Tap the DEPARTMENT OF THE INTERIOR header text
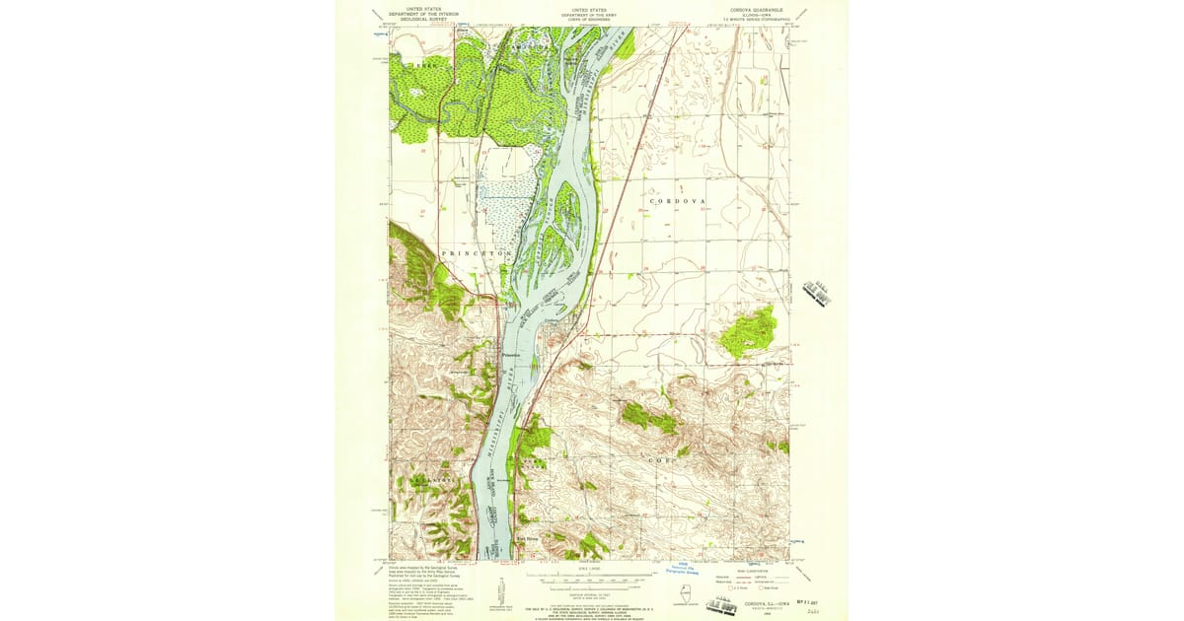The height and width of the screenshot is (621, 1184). (x=423, y=13)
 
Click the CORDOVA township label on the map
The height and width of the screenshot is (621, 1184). (x=678, y=200)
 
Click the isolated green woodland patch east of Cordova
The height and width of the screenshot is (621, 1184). (x=749, y=331)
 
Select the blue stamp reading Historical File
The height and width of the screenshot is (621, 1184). (x=683, y=567)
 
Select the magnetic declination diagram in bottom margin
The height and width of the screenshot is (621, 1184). (x=501, y=588)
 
